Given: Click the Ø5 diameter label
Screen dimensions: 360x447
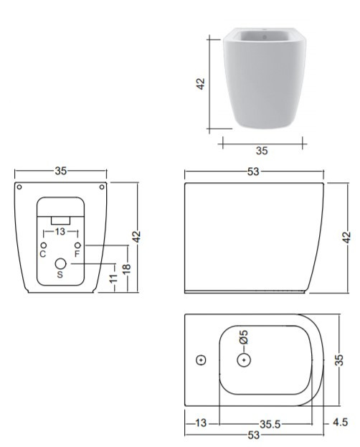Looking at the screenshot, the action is pos(244,337).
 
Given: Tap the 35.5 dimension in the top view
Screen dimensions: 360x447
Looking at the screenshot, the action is pos(270,424).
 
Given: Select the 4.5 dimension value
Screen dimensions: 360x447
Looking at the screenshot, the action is pos(341,422).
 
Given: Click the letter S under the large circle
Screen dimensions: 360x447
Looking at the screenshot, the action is pos(60,275).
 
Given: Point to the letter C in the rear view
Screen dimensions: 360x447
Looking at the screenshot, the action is pos(43,254).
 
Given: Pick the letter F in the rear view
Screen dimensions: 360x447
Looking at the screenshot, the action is pos(77,254).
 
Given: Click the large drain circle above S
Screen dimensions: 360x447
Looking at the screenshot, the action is pos(60,264).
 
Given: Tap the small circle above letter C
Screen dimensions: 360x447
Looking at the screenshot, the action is pos(44,245).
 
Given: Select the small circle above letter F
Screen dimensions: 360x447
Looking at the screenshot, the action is pos(77,245).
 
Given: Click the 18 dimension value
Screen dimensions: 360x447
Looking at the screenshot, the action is pos(127,269).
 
